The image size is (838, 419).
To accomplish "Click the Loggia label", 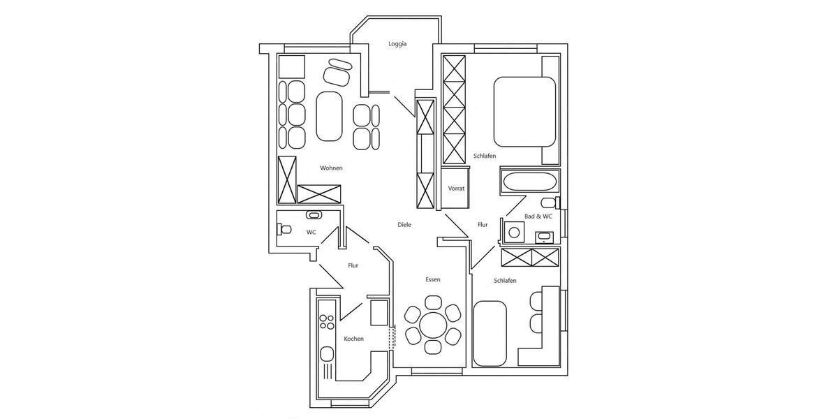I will (x=397, y=44).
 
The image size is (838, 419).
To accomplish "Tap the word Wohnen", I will (x=331, y=168).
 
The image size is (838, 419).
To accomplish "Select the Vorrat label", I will (x=456, y=189).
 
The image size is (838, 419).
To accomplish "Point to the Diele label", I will (x=404, y=225).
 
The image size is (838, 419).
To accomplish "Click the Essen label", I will (x=433, y=279).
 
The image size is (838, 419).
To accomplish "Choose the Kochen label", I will (x=353, y=339).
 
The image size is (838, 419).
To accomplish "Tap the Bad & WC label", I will (x=538, y=216).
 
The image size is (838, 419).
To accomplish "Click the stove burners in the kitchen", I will (x=326, y=322).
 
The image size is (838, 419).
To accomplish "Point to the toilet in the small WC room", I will (x=284, y=228).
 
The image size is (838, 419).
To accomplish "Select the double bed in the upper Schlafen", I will (x=524, y=111).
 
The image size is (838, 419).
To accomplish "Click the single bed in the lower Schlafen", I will (x=490, y=334).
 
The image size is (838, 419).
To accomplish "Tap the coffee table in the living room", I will (x=329, y=117).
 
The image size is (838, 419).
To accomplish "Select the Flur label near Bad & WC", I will (x=483, y=225).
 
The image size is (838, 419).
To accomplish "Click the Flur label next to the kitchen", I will (x=353, y=265).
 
